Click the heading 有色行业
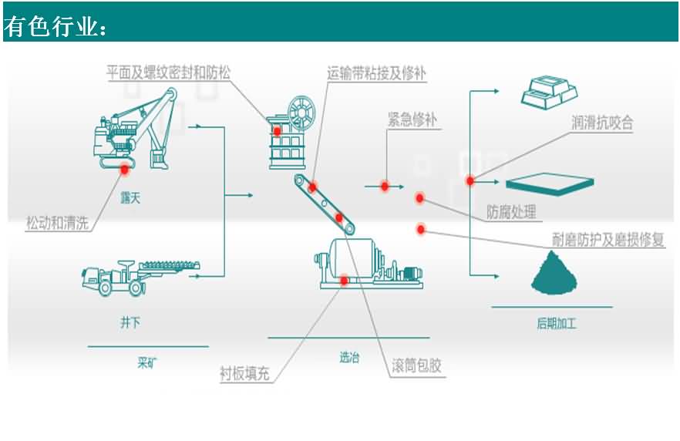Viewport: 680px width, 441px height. pos(56,26)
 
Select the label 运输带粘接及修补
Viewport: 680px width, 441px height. pos(376,73)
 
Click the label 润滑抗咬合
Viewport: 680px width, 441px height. pos(602,122)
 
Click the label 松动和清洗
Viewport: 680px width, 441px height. pos(58,223)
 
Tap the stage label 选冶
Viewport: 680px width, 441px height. pos(349,357)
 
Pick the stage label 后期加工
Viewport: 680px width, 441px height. pos(557,324)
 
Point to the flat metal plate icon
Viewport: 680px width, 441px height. pos(549,183)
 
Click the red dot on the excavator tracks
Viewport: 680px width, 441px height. pos(124,167)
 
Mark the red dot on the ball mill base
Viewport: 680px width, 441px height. pos(343,281)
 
